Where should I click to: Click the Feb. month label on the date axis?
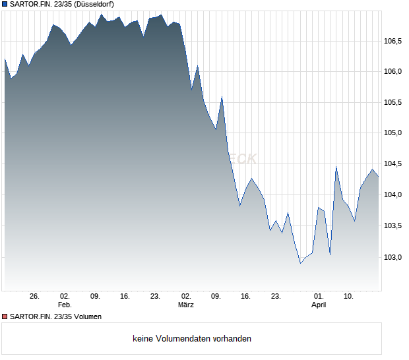pyautogui.click(x=65, y=305)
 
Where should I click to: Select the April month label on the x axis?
pyautogui.click(x=319, y=305)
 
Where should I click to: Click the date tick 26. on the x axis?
pyautogui.click(x=35, y=297)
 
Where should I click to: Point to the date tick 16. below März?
pyautogui.click(x=246, y=297)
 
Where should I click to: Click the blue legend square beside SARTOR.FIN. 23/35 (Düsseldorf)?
pyautogui.click(x=5, y=4)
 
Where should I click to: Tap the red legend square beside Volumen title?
pyautogui.click(x=5, y=317)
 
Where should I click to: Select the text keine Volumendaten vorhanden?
pyautogui.click(x=192, y=339)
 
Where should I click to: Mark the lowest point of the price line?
pyautogui.click(x=301, y=263)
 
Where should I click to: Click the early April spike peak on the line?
pyautogui.click(x=336, y=167)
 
